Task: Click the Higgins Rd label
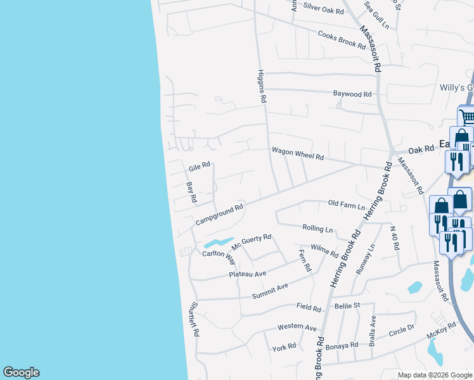[x=261, y=86]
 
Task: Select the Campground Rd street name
[x=219, y=215]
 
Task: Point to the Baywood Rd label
[x=352, y=94]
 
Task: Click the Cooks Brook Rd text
[x=342, y=41]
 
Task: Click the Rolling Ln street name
[x=317, y=228]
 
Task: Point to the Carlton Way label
[x=219, y=256]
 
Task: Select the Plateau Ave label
[x=247, y=274]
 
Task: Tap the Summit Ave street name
[x=270, y=291]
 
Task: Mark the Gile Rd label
[x=198, y=168]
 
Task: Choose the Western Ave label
[x=297, y=328]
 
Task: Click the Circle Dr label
[x=401, y=331]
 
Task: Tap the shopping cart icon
[x=466, y=117]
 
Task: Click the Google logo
[x=21, y=372]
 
